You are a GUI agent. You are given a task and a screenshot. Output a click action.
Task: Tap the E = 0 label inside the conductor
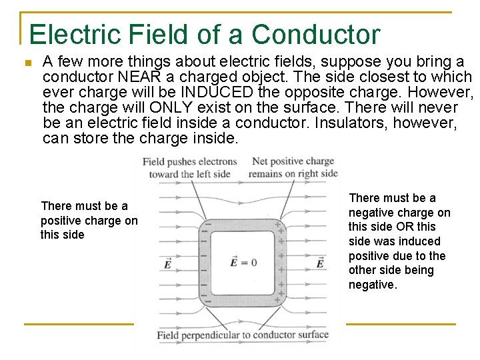[243, 262]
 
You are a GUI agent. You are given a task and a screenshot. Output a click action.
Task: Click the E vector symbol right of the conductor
[320, 263]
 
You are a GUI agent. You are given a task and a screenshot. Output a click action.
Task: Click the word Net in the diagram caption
[260, 161]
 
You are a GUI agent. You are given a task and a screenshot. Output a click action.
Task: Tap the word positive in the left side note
[61, 221]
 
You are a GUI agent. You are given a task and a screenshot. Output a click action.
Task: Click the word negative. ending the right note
[373, 285]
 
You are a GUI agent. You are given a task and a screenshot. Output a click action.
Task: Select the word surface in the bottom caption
[313, 335]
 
